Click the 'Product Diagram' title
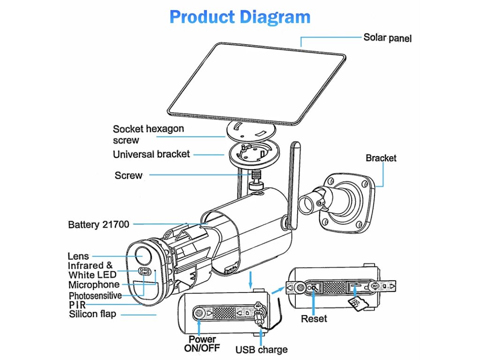tap(240, 17)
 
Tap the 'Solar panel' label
tap(388, 37)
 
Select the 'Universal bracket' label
tap(151, 154)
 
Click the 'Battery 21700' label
tap(98, 225)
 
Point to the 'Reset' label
tap(314, 319)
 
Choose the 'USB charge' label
tap(262, 349)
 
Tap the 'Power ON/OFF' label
tap(202, 344)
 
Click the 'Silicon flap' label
tap(92, 314)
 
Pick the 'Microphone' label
tap(94, 285)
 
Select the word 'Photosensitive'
tap(95, 296)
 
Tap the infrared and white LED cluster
tap(144, 271)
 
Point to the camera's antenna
tap(293, 186)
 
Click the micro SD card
tap(358, 304)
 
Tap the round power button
tap(199, 313)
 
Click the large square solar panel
tap(256, 83)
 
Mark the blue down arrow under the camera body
tap(251, 279)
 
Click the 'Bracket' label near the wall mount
tap(381, 158)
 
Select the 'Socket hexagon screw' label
tap(149, 134)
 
